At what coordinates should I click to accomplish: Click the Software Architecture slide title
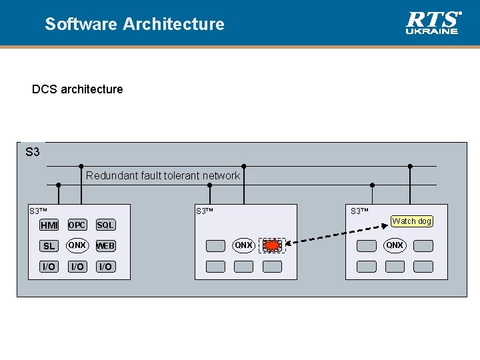(135, 24)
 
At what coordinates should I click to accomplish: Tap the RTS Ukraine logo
(433, 22)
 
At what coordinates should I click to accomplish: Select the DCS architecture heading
(77, 89)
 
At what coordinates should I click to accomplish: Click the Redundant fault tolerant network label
(163, 175)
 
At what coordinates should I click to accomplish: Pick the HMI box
(49, 225)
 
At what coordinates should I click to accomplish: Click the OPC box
(77, 225)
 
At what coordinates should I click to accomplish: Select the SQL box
(105, 225)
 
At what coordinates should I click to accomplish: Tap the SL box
(49, 246)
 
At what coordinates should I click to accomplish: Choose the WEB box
(105, 246)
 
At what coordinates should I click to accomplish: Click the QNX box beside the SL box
(77, 245)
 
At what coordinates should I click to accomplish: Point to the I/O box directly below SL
(49, 267)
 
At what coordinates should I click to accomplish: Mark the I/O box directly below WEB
(105, 267)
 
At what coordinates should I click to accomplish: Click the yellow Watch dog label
(411, 221)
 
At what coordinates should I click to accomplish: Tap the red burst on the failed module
(271, 245)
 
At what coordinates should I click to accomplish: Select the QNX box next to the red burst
(243, 245)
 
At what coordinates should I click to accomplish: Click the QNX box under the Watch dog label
(395, 245)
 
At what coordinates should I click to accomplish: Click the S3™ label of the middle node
(204, 211)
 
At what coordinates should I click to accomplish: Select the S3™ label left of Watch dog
(360, 211)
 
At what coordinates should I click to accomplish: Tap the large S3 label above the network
(33, 152)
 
